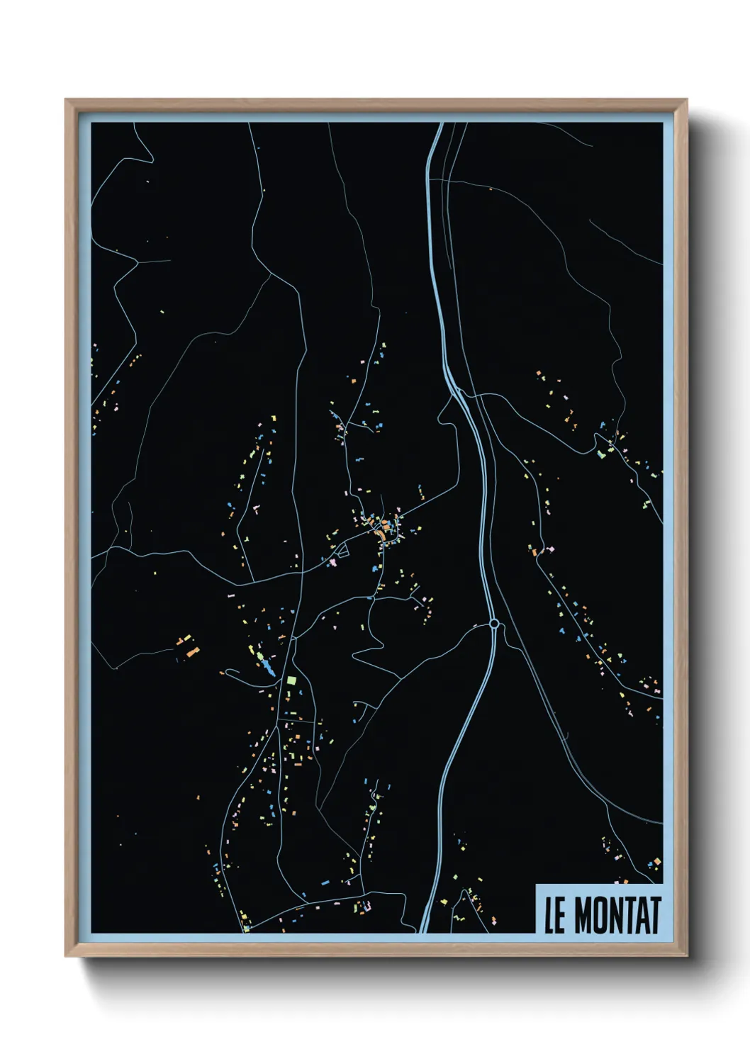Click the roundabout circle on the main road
pyautogui.click(x=494, y=624)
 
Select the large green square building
pyautogui.click(x=291, y=680)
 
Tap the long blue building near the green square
pyautogui.click(x=267, y=668)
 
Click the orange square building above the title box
pyautogui.click(x=656, y=862)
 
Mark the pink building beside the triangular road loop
pyautogui.click(x=332, y=562)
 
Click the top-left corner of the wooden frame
pyautogui.click(x=66, y=100)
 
